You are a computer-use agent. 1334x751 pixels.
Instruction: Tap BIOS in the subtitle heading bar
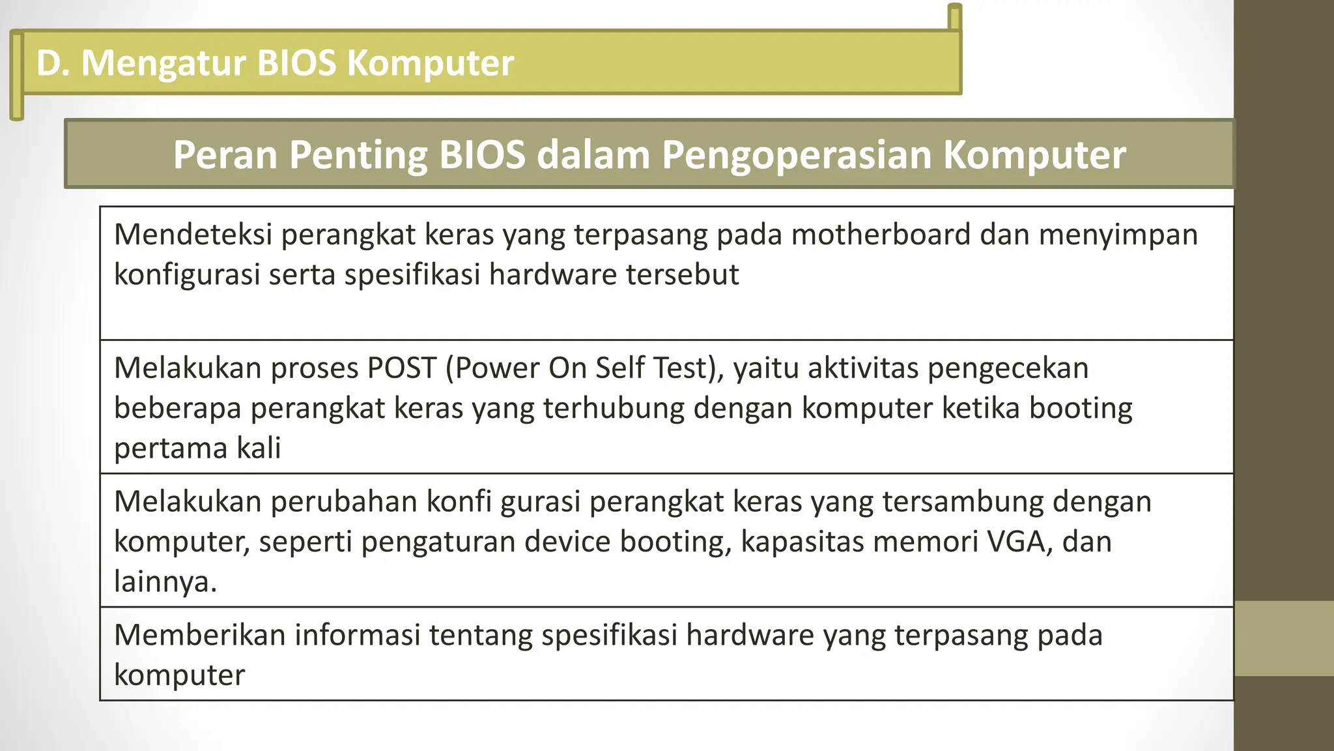point(481,155)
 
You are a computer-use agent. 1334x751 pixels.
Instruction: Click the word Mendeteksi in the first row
point(193,235)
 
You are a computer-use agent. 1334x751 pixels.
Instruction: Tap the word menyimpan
point(1118,235)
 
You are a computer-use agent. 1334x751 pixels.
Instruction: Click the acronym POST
point(401,368)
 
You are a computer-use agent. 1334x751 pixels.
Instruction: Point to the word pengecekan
point(1008,368)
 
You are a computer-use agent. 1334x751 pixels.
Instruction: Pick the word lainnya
point(165,582)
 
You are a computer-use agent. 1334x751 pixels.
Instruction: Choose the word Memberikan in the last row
point(200,635)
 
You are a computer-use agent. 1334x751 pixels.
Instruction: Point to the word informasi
point(358,635)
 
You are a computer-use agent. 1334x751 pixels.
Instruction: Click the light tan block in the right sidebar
point(1284,638)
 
